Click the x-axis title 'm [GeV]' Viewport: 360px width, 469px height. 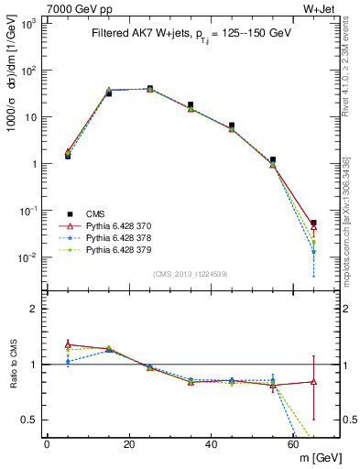pos(316,458)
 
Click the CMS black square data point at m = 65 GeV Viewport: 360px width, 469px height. pos(313,223)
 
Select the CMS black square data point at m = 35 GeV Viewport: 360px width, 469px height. pos(191,105)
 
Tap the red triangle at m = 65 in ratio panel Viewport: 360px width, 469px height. pos(313,381)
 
